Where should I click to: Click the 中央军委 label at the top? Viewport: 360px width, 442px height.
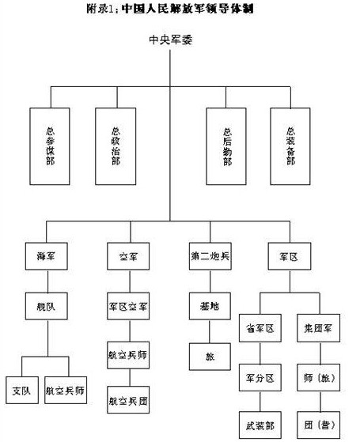pos(171,40)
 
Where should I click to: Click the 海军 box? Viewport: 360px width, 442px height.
pos(45,258)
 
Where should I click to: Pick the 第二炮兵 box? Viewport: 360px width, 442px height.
pos(210,258)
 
